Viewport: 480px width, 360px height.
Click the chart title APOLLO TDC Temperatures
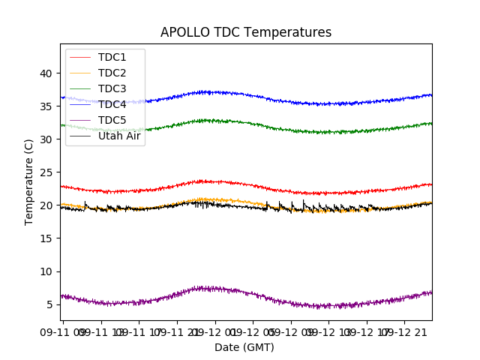coord(245,32)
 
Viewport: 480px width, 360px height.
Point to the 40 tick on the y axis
coord(46,73)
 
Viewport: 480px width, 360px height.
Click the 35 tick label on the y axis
coord(46,106)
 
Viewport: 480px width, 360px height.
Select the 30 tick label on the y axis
coord(46,139)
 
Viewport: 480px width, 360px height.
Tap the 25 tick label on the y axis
coord(46,172)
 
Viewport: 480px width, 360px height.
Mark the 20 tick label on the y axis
coord(46,205)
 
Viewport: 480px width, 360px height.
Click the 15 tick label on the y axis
coord(46,238)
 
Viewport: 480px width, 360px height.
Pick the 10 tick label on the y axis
coord(46,271)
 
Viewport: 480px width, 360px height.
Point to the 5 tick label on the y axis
coord(49,304)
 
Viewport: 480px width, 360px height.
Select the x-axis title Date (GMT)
coord(244,347)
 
